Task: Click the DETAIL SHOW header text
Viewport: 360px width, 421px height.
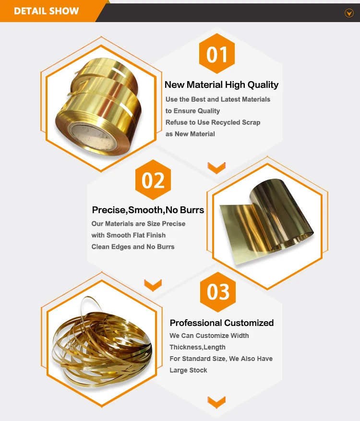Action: tap(47, 11)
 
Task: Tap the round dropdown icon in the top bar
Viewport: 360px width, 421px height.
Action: tap(349, 13)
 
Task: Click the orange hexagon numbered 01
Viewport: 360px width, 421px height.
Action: tap(217, 54)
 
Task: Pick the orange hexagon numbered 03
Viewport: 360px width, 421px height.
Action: tap(218, 292)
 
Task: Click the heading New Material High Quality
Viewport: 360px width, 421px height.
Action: tap(221, 85)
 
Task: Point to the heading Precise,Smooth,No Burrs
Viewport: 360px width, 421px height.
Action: tap(148, 210)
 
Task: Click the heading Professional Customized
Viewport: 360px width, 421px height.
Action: tap(222, 323)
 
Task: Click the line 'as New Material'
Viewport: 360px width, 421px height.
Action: tap(190, 134)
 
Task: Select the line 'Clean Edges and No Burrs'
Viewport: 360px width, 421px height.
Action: tap(133, 247)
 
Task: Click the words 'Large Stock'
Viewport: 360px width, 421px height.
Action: tap(188, 370)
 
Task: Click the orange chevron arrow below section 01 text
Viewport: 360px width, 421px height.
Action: tap(216, 168)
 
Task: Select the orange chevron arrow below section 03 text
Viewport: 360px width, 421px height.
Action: tap(216, 400)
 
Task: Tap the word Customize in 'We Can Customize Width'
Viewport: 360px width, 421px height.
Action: tap(212, 336)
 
